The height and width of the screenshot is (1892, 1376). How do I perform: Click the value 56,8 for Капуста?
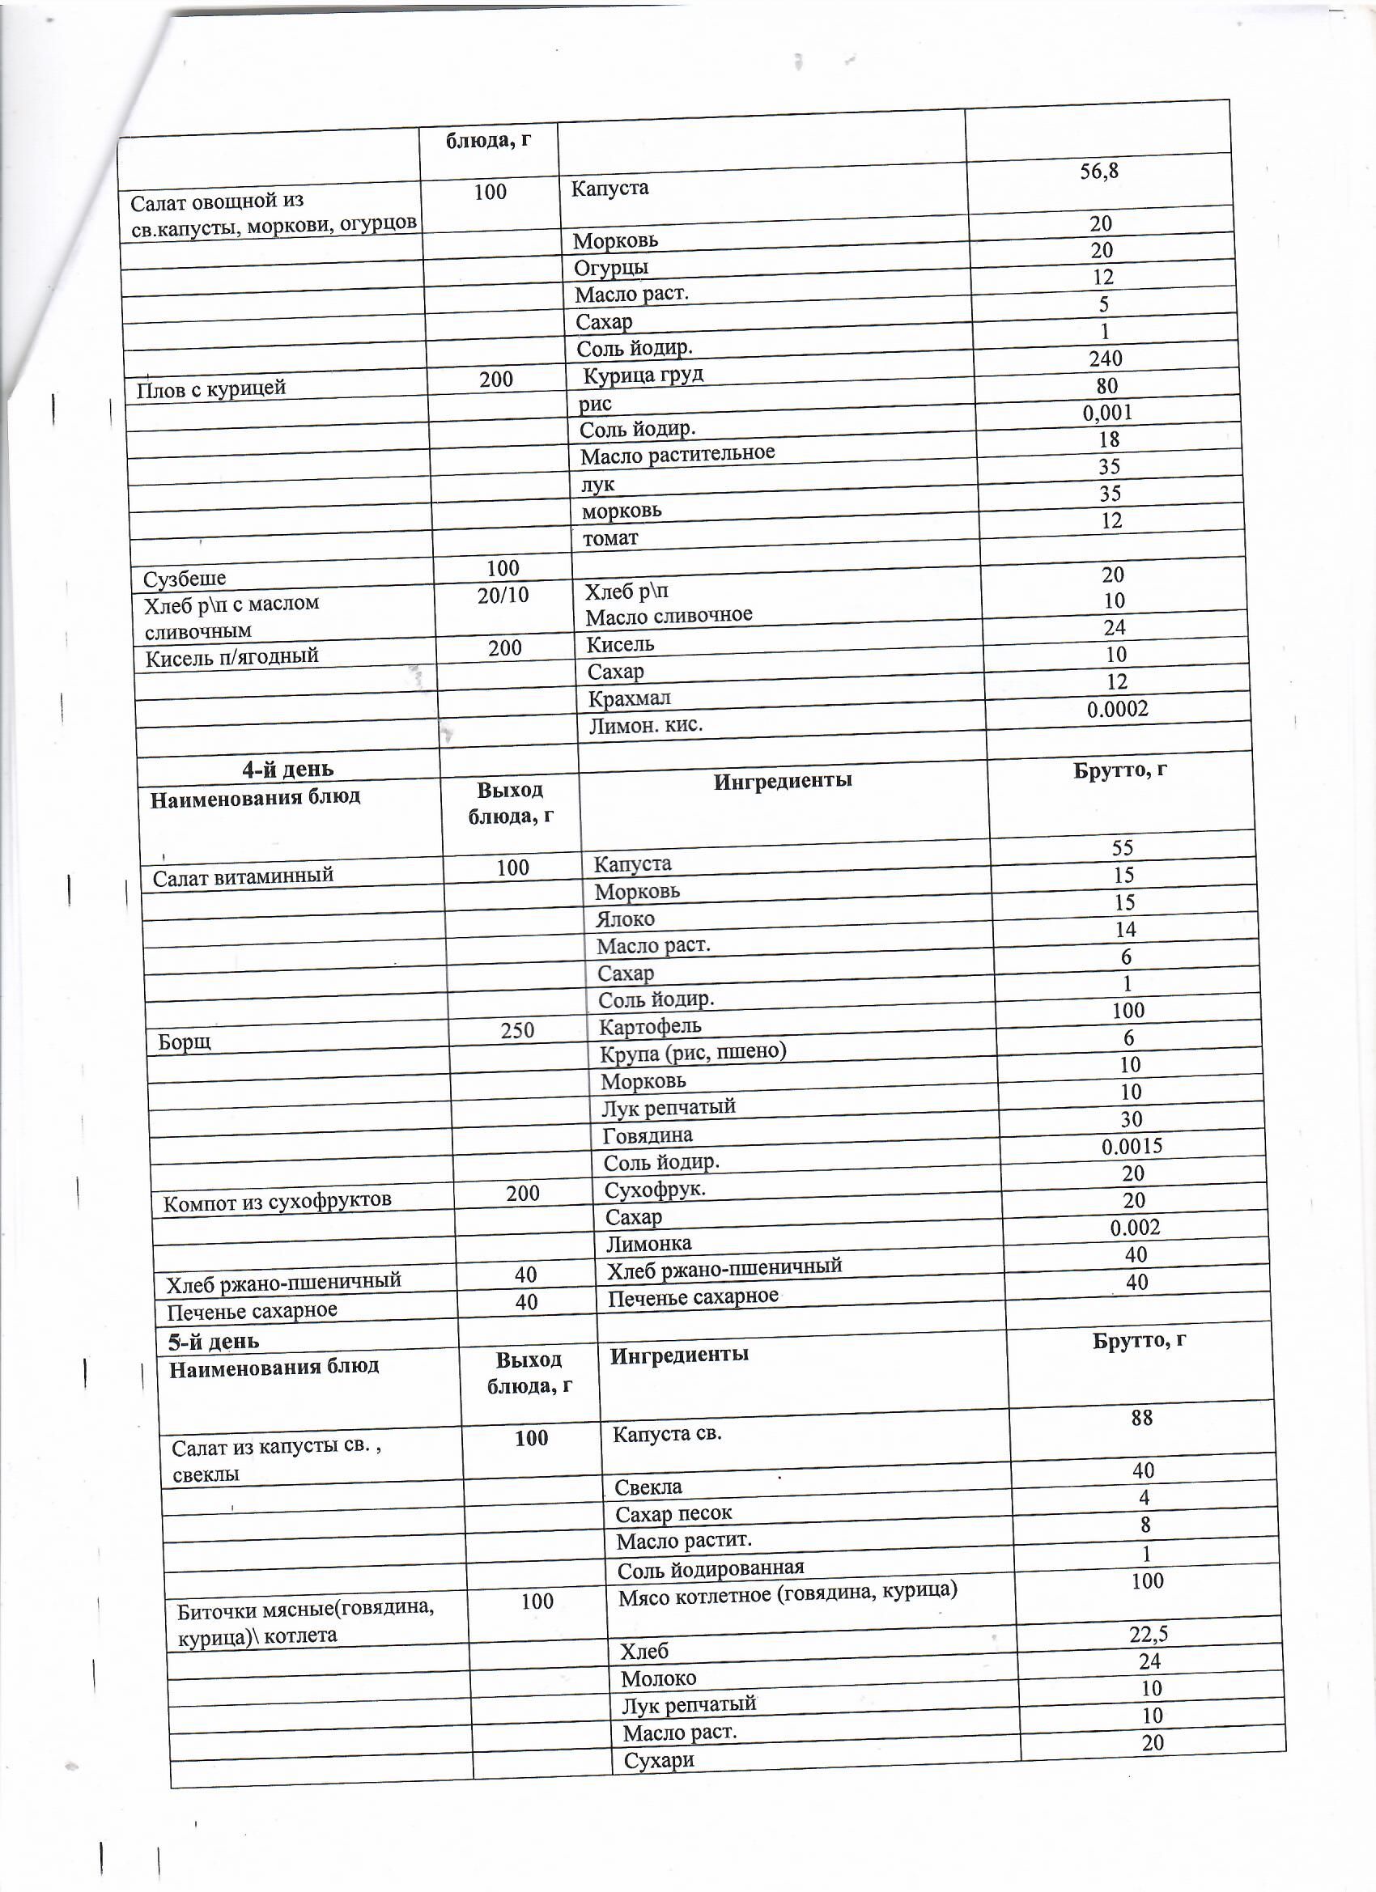pyautogui.click(x=1098, y=172)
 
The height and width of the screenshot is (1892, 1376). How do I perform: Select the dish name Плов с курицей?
pyautogui.click(x=210, y=388)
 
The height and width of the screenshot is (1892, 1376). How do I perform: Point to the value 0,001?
pyautogui.click(x=1107, y=413)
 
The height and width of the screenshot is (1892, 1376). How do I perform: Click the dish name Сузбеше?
pyautogui.click(x=185, y=579)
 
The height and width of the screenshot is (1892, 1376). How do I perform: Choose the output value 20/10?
pyautogui.click(x=503, y=595)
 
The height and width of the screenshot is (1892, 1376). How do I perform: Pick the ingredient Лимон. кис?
pyautogui.click(x=646, y=725)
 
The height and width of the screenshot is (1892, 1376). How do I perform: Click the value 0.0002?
pyautogui.click(x=1117, y=710)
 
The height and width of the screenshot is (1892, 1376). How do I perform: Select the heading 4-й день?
pyautogui.click(x=287, y=769)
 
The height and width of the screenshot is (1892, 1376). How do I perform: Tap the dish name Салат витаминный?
pyautogui.click(x=243, y=876)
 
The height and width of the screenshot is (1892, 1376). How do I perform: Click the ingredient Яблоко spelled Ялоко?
pyautogui.click(x=625, y=919)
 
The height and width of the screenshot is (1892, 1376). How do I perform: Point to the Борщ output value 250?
pyautogui.click(x=517, y=1030)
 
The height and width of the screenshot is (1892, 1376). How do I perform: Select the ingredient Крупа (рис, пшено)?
pyautogui.click(x=694, y=1052)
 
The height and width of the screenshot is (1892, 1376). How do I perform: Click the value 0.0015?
pyautogui.click(x=1132, y=1146)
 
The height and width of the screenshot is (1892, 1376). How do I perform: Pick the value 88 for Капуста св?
pyautogui.click(x=1141, y=1417)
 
